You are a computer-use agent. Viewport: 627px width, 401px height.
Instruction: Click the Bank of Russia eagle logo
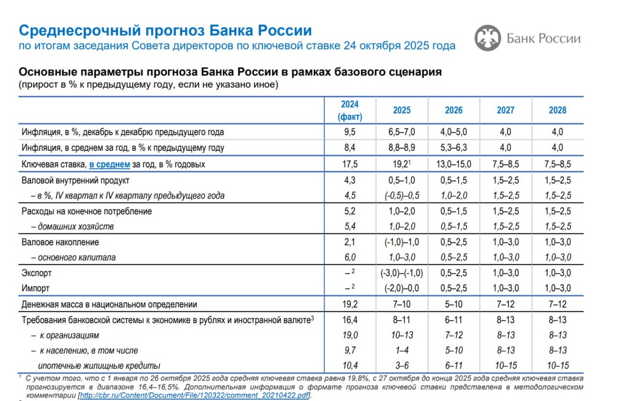click(x=487, y=39)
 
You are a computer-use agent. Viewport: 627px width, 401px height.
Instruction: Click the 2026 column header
click(x=454, y=110)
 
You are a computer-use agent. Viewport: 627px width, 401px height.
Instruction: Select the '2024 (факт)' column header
click(x=350, y=110)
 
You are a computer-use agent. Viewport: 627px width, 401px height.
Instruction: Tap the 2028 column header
click(x=558, y=110)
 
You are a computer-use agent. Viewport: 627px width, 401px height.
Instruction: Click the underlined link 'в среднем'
click(x=109, y=164)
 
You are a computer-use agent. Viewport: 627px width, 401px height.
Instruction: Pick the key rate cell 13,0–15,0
click(x=454, y=164)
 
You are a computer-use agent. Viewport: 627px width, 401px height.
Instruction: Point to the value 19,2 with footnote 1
click(x=401, y=164)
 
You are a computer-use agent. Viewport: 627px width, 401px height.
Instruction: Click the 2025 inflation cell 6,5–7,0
click(x=401, y=132)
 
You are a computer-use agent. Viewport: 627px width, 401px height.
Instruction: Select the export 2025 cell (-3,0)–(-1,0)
click(x=401, y=273)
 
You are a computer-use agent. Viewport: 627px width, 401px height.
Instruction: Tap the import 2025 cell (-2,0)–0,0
click(x=401, y=288)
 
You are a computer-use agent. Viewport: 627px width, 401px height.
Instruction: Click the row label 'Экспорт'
click(x=37, y=273)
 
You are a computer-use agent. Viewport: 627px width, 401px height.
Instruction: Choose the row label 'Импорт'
click(x=36, y=288)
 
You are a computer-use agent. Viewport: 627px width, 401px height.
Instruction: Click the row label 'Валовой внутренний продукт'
click(x=75, y=181)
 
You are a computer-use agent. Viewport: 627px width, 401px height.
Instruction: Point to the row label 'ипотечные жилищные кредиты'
click(x=99, y=365)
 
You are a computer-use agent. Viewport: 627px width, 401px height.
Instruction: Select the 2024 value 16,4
click(x=350, y=320)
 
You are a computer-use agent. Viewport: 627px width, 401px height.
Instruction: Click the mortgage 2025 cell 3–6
click(x=401, y=365)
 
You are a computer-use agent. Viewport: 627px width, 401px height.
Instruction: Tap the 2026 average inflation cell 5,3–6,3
click(x=454, y=148)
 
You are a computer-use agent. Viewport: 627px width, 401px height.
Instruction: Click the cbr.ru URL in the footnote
click(x=194, y=395)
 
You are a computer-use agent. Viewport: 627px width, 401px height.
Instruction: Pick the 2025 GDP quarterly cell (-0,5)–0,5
click(x=401, y=196)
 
